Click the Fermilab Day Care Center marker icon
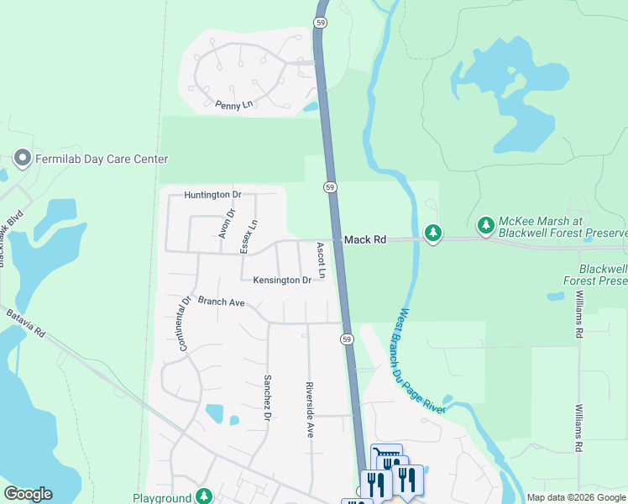coord(22,159)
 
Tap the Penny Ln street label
coord(233,105)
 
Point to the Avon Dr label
coord(225,223)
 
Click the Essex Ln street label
coord(249,236)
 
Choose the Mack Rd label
coord(365,240)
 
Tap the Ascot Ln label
coord(321,261)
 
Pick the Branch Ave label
coord(221,302)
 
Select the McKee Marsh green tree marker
coord(485,225)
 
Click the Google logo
coord(28,494)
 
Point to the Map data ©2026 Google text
coord(576,497)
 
